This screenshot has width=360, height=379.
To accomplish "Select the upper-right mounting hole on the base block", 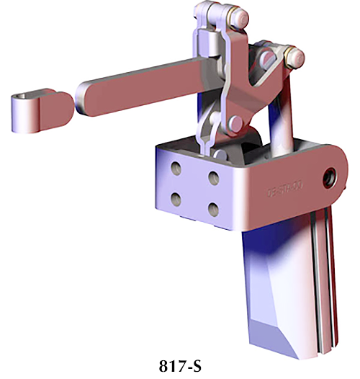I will (212, 175).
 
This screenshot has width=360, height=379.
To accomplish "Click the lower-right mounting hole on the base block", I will (212, 208).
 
